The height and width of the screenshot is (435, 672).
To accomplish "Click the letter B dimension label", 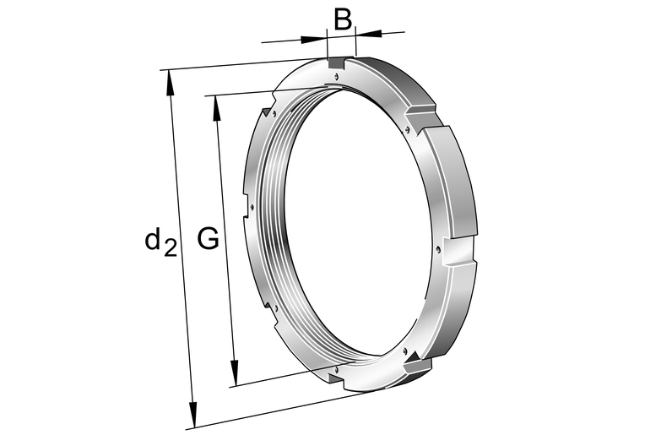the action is [x=342, y=19].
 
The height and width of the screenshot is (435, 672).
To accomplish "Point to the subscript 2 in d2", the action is [x=171, y=247].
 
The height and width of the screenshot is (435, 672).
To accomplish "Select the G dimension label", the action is [x=209, y=239].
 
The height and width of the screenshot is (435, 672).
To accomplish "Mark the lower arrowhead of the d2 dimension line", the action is [x=193, y=414].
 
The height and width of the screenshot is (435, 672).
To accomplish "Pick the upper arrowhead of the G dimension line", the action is [x=217, y=110].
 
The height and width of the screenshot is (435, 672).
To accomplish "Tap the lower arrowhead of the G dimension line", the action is [x=235, y=372].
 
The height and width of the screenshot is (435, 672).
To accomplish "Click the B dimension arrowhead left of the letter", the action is [x=314, y=40].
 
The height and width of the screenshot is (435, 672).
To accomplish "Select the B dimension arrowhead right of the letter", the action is [x=369, y=33].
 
